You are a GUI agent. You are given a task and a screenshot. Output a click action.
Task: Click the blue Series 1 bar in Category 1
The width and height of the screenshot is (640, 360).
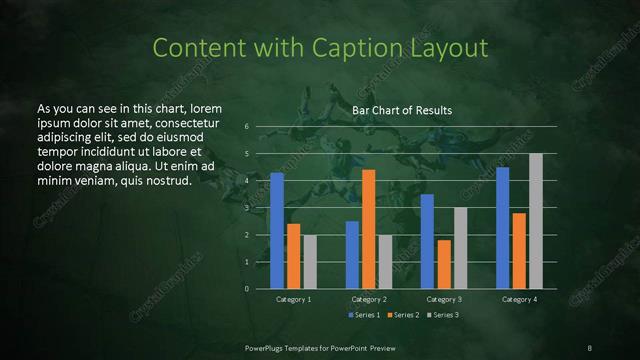pyautogui.click(x=277, y=230)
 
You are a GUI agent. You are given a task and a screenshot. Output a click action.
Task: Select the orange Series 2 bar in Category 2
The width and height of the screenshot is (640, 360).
pyautogui.click(x=369, y=229)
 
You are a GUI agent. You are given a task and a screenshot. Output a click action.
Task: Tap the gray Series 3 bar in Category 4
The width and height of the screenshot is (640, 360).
pyautogui.click(x=536, y=221)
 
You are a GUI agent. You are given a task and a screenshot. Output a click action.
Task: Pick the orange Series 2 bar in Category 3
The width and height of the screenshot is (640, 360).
pyautogui.click(x=444, y=264)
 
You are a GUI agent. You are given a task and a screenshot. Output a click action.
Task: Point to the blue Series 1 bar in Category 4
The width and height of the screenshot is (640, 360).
pyautogui.click(x=503, y=227)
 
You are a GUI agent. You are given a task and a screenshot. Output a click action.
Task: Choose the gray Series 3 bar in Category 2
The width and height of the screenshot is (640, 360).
pyautogui.click(x=385, y=261)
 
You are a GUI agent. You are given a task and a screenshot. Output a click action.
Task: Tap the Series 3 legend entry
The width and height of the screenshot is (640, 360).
pyautogui.click(x=445, y=315)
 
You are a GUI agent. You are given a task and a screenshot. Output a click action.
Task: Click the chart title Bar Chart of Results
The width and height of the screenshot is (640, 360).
pyautogui.click(x=403, y=110)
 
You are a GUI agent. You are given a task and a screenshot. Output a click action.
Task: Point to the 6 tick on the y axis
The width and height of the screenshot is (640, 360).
pyautogui.click(x=247, y=127)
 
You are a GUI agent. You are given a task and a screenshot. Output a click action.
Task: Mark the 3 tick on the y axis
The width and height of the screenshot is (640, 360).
pyautogui.click(x=247, y=208)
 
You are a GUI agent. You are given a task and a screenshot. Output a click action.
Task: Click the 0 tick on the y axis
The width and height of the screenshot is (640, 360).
pyautogui.click(x=247, y=289)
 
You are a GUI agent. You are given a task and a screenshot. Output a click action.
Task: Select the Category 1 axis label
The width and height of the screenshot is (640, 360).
pyautogui.click(x=293, y=299)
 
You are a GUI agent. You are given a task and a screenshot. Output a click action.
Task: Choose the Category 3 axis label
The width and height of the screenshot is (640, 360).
pyautogui.click(x=444, y=299)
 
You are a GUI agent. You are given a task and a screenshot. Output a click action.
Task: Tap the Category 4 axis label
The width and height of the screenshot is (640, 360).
pyautogui.click(x=519, y=299)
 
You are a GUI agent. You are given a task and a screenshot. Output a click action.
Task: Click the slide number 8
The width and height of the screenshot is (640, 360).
pyautogui.click(x=590, y=347)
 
